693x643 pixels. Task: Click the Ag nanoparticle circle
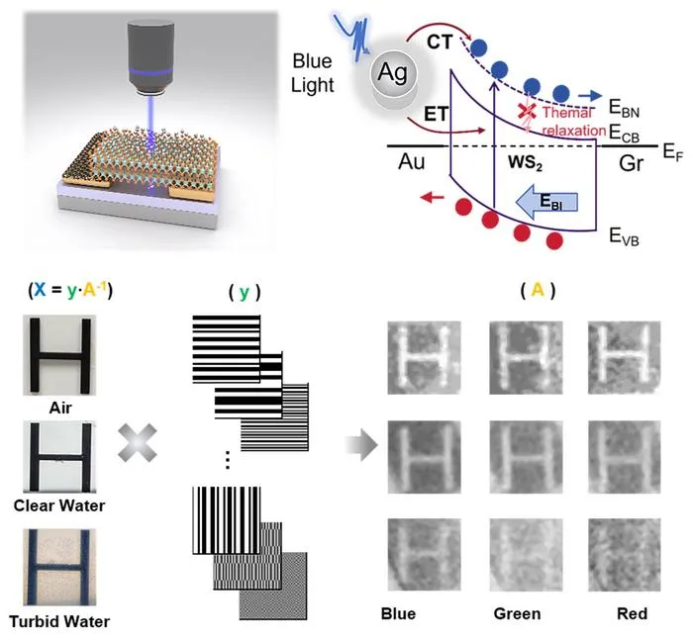393,73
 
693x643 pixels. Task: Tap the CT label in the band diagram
440,43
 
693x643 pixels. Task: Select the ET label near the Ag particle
437,115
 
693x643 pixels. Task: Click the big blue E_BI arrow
546,202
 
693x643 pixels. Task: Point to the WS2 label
525,162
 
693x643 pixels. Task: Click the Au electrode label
412,161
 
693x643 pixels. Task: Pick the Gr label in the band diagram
632,163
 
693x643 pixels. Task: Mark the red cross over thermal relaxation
527,111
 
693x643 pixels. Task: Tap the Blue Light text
313,73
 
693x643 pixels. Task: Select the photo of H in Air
59,355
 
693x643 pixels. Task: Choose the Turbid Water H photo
59,567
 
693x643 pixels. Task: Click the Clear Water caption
59,505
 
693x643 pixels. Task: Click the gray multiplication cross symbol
138,443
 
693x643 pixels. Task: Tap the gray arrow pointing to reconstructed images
361,445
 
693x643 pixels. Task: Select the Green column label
517,614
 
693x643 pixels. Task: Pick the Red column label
632,614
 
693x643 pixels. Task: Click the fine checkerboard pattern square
273,586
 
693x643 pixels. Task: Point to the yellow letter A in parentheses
538,290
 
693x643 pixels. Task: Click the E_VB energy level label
624,236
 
